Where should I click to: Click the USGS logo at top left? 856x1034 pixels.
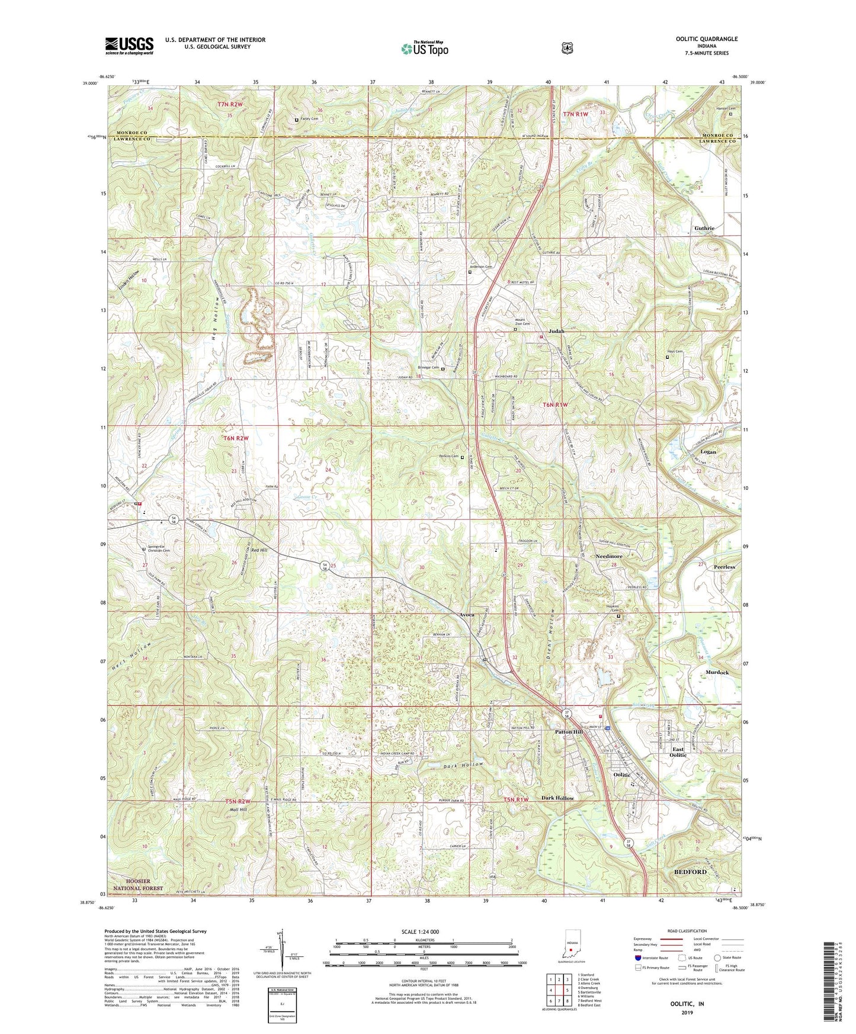click(129, 46)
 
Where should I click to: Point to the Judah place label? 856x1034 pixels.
click(556, 331)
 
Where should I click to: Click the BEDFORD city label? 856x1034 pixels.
click(690, 872)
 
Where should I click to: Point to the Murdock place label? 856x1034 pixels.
click(717, 673)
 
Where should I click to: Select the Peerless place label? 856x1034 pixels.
click(724, 567)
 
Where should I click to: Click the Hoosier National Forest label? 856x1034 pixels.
click(130, 885)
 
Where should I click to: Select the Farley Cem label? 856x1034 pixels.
click(310, 119)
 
